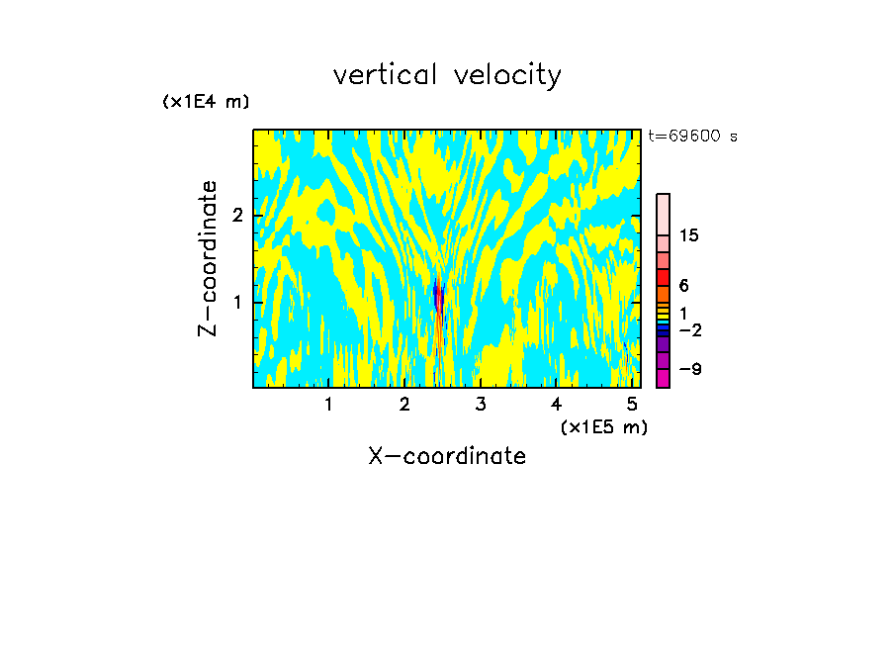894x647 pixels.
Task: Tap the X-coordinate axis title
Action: pyautogui.click(x=447, y=456)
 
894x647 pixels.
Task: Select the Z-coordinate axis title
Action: pyautogui.click(x=209, y=258)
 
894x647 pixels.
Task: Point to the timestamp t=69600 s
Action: pyautogui.click(x=692, y=137)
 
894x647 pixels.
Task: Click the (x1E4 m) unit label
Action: pyautogui.click(x=206, y=101)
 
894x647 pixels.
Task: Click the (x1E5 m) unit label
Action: pyautogui.click(x=603, y=426)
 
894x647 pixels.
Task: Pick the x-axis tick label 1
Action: pyautogui.click(x=328, y=405)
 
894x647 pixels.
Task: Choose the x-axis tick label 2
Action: pyautogui.click(x=404, y=405)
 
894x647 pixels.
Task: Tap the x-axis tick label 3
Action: pyautogui.click(x=480, y=405)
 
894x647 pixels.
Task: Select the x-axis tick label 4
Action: pyautogui.click(x=556, y=405)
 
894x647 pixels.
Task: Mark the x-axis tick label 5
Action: pyautogui.click(x=632, y=405)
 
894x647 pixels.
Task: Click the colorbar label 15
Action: pyautogui.click(x=689, y=235)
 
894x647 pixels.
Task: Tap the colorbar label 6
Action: pyautogui.click(x=684, y=286)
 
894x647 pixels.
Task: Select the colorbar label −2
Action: pyautogui.click(x=689, y=329)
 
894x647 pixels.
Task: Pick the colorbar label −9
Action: pyautogui.click(x=689, y=369)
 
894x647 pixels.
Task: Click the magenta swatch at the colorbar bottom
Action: pyautogui.click(x=663, y=378)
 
